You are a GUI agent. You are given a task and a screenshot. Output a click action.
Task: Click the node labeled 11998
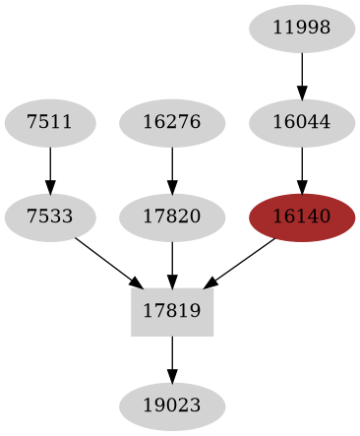(302, 29)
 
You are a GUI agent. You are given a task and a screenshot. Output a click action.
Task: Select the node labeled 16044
(302, 123)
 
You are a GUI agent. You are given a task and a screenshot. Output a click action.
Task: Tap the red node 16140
(302, 218)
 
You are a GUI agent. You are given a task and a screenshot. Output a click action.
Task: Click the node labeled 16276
(172, 123)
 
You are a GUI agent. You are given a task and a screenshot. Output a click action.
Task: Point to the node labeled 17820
(172, 218)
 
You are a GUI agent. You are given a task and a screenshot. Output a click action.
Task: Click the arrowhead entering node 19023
(172, 376)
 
